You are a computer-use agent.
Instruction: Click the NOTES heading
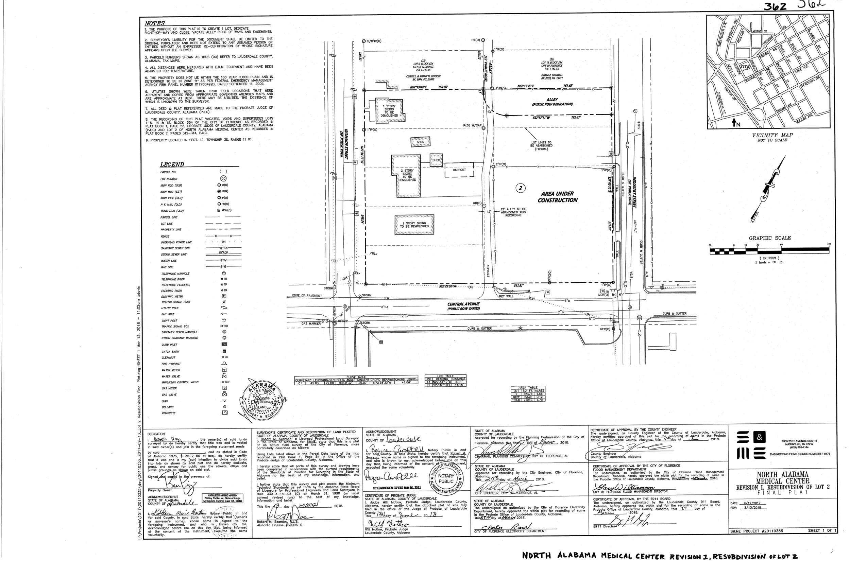pos(155,23)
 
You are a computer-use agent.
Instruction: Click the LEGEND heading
pos(172,164)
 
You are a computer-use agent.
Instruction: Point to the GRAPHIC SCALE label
pos(770,238)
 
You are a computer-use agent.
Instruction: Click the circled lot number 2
pos(521,188)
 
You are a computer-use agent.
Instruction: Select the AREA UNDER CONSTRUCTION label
pos(557,197)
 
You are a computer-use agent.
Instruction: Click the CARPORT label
pos(459,170)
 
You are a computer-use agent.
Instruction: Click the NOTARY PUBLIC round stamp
pos(446,478)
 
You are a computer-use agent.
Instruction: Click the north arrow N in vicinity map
pos(736,123)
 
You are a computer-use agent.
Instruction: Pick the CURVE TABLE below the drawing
pos(356,380)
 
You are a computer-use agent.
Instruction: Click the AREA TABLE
pos(528,393)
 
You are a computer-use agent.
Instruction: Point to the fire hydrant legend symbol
pos(224,364)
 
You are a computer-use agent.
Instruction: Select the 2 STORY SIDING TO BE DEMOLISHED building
pos(406,175)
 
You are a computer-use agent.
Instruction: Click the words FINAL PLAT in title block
pos(782,493)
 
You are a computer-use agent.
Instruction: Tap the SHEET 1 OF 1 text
pos(822,531)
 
